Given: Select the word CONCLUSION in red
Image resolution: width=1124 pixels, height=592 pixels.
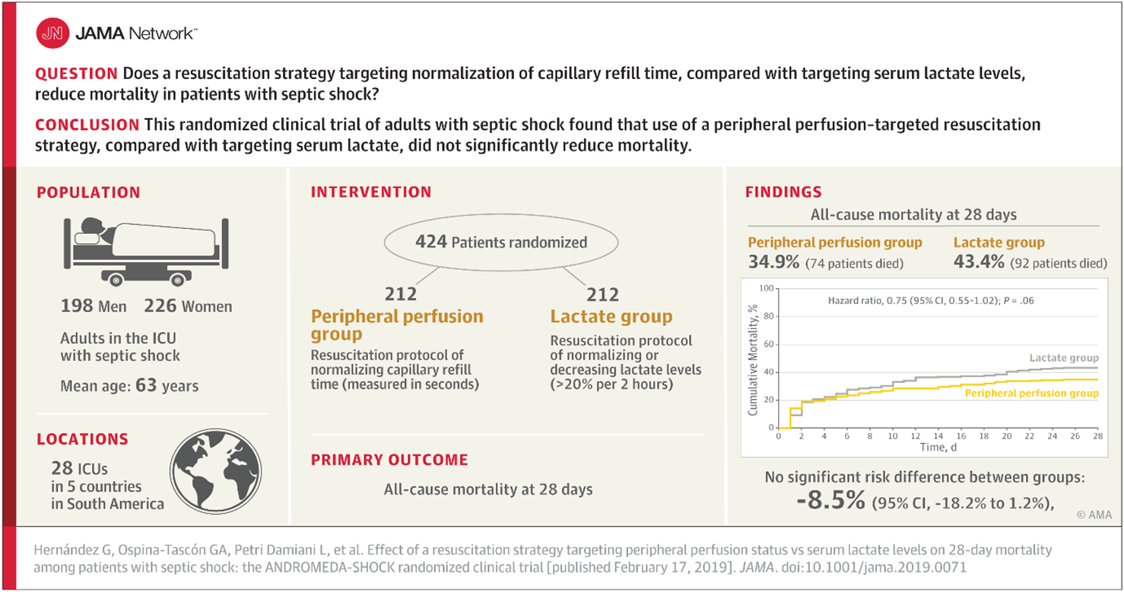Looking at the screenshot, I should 87,125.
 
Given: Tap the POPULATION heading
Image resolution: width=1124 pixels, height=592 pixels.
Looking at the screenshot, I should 88,193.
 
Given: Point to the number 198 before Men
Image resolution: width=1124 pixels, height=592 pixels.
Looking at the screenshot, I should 77,307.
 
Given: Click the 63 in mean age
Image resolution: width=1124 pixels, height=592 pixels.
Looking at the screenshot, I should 146,385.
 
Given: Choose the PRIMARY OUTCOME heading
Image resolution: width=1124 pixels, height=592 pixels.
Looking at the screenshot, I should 389,460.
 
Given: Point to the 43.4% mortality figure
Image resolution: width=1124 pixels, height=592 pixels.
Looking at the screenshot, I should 977,263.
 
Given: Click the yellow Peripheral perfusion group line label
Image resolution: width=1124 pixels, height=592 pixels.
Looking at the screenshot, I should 1031,394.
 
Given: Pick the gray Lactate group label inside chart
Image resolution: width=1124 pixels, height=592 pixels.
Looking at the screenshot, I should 1063,357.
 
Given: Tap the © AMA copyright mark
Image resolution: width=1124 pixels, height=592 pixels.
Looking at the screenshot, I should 1094,515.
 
